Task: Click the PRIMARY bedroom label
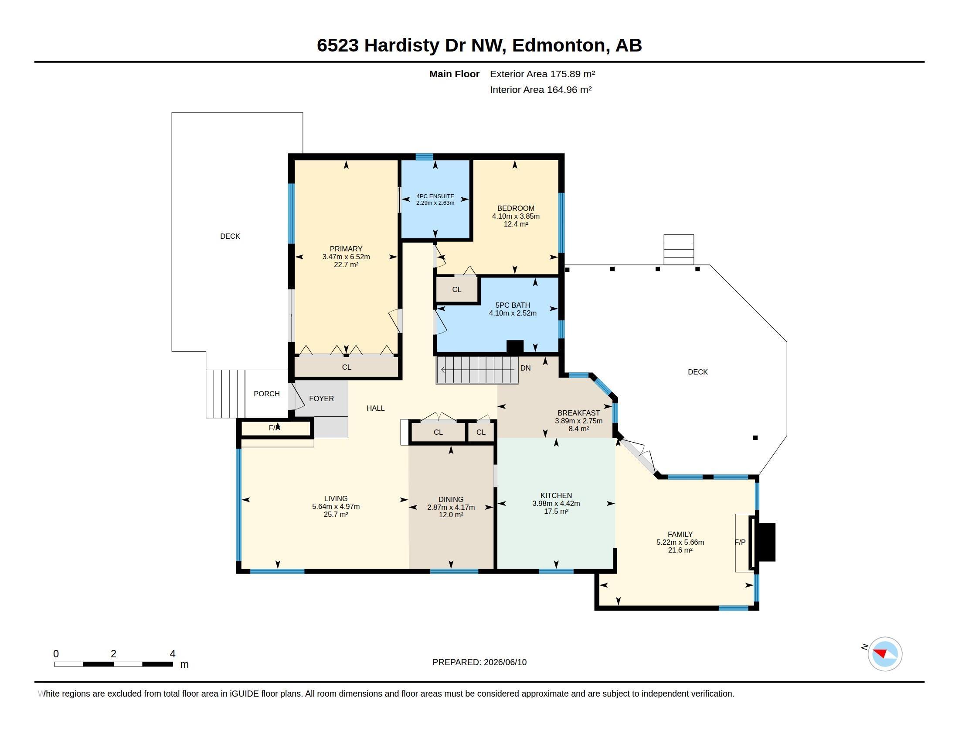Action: click(x=346, y=249)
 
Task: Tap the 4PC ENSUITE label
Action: click(x=435, y=196)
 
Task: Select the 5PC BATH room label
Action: click(x=513, y=305)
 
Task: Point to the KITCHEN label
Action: click(x=556, y=495)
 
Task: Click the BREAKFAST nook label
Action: click(x=578, y=413)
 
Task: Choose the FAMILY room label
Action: click(x=680, y=535)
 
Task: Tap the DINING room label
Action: click(x=451, y=499)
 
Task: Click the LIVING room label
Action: click(x=336, y=498)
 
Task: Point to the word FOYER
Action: click(x=321, y=398)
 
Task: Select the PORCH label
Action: click(x=266, y=394)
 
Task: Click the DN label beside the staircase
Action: click(x=526, y=368)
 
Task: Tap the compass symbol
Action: click(x=885, y=654)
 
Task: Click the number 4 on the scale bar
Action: click(x=173, y=654)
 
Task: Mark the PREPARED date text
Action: click(x=479, y=662)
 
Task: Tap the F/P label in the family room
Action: click(x=740, y=543)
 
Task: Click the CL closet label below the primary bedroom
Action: click(x=347, y=367)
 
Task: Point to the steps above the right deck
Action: click(x=678, y=249)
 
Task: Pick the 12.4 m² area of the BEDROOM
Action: click(x=516, y=224)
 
